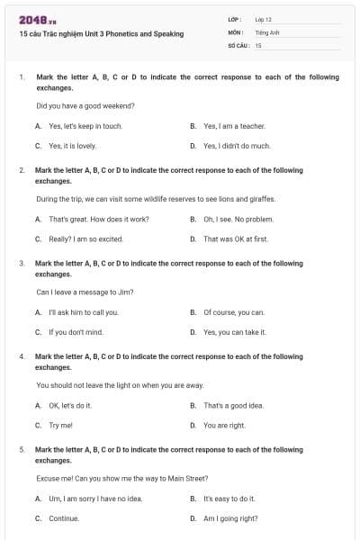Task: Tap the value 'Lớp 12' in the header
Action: click(x=263, y=19)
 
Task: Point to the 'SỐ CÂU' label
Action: click(x=238, y=44)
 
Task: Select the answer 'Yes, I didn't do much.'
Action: click(x=237, y=145)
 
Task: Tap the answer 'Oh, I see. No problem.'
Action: click(x=238, y=219)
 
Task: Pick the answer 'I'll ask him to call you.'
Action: click(x=83, y=312)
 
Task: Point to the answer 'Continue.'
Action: click(x=64, y=518)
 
